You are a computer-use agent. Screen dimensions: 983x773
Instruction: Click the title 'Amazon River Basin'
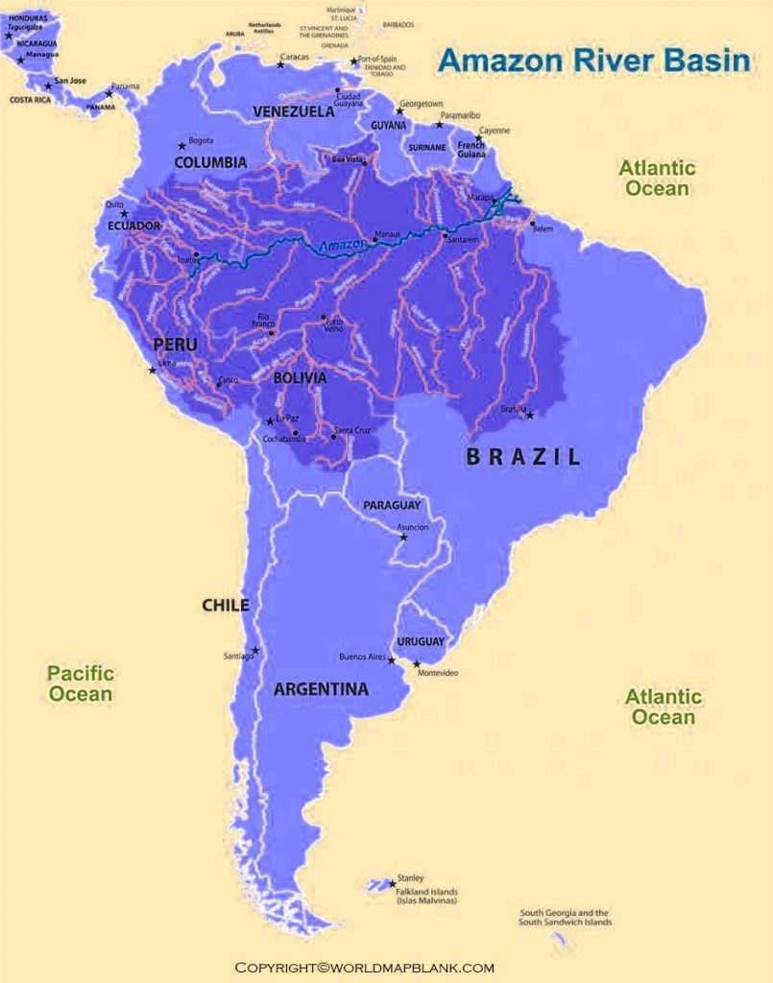click(x=593, y=60)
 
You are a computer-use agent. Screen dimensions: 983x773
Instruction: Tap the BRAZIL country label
click(x=523, y=457)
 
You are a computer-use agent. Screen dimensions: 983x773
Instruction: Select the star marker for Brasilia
click(x=529, y=415)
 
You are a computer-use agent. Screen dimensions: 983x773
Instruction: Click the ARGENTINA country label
click(x=321, y=689)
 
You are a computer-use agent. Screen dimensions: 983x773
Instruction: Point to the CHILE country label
click(x=225, y=605)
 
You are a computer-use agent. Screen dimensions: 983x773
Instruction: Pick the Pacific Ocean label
click(x=81, y=683)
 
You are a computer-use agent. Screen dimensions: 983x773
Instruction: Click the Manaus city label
click(x=388, y=233)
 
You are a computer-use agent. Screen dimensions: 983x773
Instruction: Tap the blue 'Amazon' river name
click(x=343, y=246)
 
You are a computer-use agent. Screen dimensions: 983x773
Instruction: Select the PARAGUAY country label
click(x=392, y=505)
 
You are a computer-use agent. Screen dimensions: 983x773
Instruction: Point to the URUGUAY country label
click(x=421, y=641)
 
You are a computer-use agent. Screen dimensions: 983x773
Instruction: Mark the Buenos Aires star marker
click(x=392, y=660)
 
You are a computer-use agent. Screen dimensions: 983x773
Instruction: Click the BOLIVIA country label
click(x=300, y=378)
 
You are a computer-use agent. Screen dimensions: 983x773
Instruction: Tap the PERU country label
click(x=176, y=344)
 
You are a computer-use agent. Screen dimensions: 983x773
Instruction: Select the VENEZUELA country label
click(x=294, y=112)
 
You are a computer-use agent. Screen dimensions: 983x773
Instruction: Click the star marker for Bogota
click(x=181, y=146)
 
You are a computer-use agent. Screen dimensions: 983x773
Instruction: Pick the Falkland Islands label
click(x=423, y=897)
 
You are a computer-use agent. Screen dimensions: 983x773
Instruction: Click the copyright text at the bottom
click(x=365, y=967)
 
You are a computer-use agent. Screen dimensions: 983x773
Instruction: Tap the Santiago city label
click(x=238, y=656)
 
